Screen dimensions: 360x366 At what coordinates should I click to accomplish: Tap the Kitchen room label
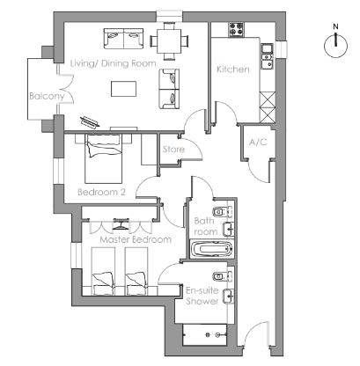(233, 70)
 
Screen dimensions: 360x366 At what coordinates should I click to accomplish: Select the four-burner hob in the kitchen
(236, 29)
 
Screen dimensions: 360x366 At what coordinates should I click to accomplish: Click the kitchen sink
(268, 57)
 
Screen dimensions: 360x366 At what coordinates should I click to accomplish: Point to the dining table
(169, 41)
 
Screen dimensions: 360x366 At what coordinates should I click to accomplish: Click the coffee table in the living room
(123, 89)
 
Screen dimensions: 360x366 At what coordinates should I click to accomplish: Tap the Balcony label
(47, 97)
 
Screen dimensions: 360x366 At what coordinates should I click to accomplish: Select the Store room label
(173, 150)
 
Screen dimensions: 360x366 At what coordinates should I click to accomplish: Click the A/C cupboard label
(258, 143)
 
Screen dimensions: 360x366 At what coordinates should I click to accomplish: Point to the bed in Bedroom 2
(104, 158)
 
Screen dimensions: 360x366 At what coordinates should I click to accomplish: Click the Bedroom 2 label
(101, 192)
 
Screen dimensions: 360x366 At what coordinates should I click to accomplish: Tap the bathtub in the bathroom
(211, 250)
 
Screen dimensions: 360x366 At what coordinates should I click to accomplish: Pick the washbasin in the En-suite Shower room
(228, 296)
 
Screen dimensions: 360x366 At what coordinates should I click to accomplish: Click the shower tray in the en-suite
(205, 334)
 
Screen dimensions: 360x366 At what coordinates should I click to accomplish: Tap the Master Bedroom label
(136, 239)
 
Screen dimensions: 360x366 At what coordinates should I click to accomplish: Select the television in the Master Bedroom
(121, 223)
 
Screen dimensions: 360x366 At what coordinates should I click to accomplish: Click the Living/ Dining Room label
(114, 63)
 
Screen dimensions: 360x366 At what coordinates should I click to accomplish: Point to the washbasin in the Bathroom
(228, 230)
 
